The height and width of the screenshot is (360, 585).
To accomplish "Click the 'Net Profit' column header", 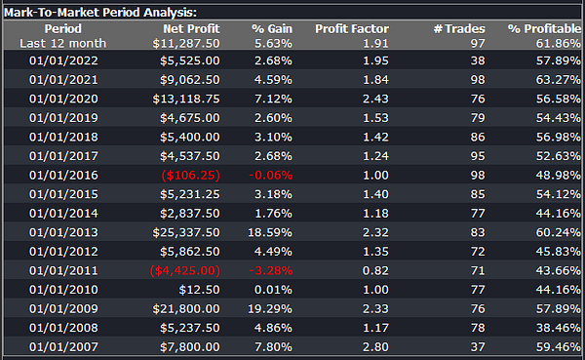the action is pyautogui.click(x=191, y=28).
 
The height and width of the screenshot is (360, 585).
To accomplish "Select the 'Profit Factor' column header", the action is pyautogui.click(x=352, y=28).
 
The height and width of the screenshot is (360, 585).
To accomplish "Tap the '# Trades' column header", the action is pyautogui.click(x=459, y=28).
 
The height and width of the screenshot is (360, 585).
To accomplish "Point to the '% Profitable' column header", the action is pyautogui.click(x=544, y=28).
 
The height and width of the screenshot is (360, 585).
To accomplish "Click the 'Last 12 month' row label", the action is pyautogui.click(x=63, y=43).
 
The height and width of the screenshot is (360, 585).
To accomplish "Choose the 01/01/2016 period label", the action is pyautogui.click(x=63, y=176).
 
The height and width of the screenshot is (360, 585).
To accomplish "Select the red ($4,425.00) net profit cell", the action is pyautogui.click(x=184, y=270).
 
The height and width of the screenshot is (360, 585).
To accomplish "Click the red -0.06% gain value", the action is pyautogui.click(x=270, y=176).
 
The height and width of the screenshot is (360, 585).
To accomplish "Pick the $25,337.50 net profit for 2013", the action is pyautogui.click(x=186, y=232).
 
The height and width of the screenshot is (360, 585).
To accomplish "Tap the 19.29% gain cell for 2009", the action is pyautogui.click(x=270, y=309).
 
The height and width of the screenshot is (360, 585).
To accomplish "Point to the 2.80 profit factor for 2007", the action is pyautogui.click(x=375, y=347).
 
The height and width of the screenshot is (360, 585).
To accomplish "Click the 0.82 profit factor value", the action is pyautogui.click(x=375, y=270).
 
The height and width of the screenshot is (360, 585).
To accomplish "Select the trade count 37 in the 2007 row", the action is pyautogui.click(x=478, y=347).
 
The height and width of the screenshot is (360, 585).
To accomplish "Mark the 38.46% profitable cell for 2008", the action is pyautogui.click(x=559, y=328).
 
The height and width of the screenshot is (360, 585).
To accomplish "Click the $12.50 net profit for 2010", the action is pyautogui.click(x=199, y=290).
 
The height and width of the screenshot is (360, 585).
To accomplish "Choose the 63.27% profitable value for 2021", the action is pyautogui.click(x=559, y=80).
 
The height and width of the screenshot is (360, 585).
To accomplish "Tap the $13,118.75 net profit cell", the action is pyautogui.click(x=186, y=99).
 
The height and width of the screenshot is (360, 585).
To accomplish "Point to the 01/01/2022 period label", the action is pyautogui.click(x=63, y=60).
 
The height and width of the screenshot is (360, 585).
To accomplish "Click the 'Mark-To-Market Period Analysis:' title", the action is pyautogui.click(x=100, y=13).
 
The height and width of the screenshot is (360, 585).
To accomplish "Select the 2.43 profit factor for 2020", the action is pyautogui.click(x=375, y=99).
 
